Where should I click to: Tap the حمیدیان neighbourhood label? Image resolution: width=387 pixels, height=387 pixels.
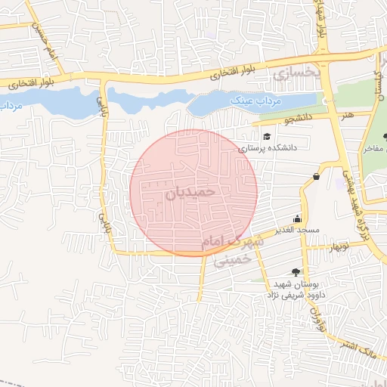190,193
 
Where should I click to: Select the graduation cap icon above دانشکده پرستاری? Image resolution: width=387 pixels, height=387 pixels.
266,136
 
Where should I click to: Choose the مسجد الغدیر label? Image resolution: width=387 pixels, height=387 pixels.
297,229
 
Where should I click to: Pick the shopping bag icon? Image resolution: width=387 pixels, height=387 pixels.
315,177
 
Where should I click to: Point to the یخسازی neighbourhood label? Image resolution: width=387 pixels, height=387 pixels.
292,74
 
